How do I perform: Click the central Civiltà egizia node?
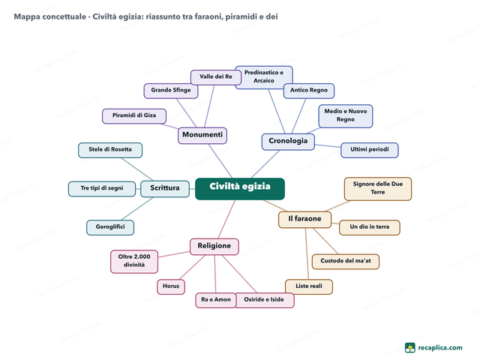(240, 188)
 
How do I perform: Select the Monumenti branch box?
(202, 135)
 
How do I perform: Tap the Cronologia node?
(288, 142)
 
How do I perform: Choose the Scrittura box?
(165, 188)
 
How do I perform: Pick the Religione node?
(214, 247)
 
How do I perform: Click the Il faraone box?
(305, 220)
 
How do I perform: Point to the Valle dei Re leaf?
(216, 77)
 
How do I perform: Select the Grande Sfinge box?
(171, 91)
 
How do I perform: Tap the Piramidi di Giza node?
(134, 116)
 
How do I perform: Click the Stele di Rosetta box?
(110, 150)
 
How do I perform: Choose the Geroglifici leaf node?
(110, 227)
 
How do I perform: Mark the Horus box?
(171, 286)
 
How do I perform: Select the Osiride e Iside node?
(264, 300)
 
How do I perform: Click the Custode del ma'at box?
(346, 262)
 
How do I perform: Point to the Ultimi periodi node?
(370, 150)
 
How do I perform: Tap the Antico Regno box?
(309, 91)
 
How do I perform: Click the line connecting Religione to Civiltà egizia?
(226, 219)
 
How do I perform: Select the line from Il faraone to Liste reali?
(307, 253)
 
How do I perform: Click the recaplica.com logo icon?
(410, 348)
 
